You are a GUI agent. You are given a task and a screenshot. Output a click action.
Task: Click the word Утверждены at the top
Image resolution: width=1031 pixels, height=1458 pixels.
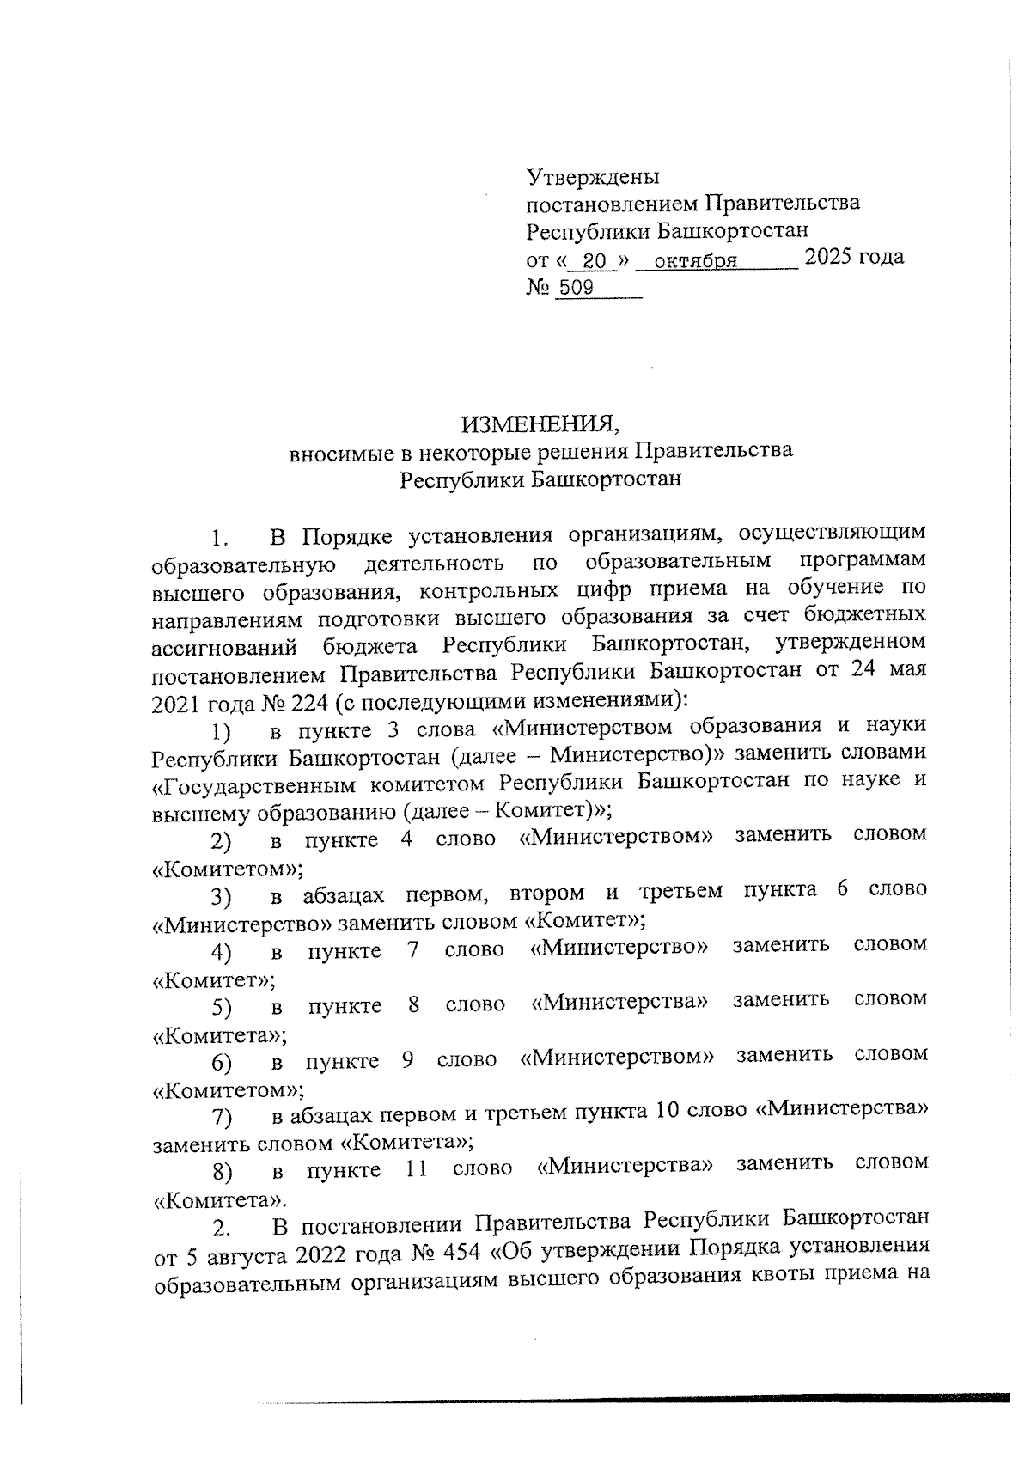(x=593, y=177)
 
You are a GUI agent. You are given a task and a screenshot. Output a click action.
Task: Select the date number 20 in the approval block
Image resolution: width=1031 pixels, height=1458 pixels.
(x=594, y=260)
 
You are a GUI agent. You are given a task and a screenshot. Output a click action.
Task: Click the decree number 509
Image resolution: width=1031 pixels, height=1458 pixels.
(x=576, y=288)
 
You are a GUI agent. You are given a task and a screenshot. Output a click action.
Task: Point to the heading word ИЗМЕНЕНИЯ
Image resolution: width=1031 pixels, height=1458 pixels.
(x=540, y=424)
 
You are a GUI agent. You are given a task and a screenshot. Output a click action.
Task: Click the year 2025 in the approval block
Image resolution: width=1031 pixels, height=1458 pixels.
(x=834, y=257)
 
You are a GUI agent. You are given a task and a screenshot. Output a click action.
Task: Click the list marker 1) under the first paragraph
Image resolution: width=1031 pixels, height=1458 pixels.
(x=222, y=733)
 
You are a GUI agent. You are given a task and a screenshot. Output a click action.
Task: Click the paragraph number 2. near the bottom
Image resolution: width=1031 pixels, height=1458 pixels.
(x=222, y=1226)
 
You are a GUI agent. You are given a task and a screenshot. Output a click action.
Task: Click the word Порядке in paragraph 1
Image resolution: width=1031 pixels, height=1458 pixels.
(x=345, y=538)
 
